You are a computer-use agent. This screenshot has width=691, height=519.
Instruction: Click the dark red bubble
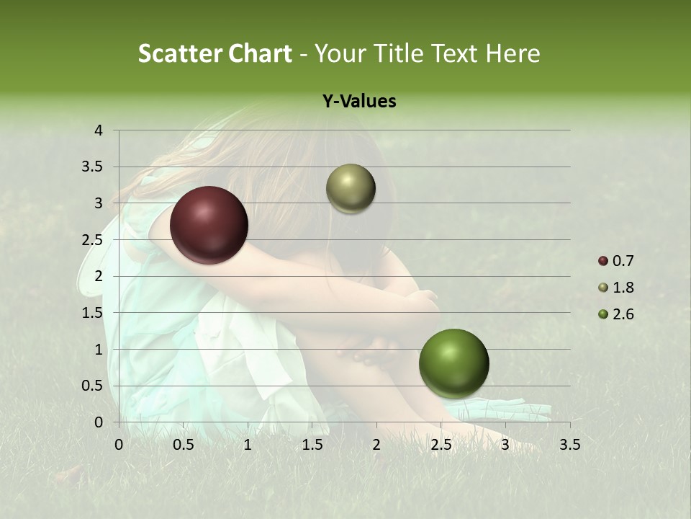[x=209, y=225]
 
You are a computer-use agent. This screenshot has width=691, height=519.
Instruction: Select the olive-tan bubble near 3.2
[x=351, y=189]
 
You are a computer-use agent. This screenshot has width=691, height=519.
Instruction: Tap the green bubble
[x=453, y=363]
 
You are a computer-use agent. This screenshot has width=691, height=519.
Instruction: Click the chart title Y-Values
[x=359, y=102]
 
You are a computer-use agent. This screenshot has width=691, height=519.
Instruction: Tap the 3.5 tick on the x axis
[x=569, y=445]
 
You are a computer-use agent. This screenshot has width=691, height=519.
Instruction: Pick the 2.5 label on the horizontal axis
[x=441, y=445]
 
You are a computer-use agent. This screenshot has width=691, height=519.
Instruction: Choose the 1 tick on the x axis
[x=248, y=445]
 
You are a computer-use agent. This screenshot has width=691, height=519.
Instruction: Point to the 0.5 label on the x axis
[x=183, y=445]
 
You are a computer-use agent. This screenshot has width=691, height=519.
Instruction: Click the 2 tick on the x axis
[x=376, y=445]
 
